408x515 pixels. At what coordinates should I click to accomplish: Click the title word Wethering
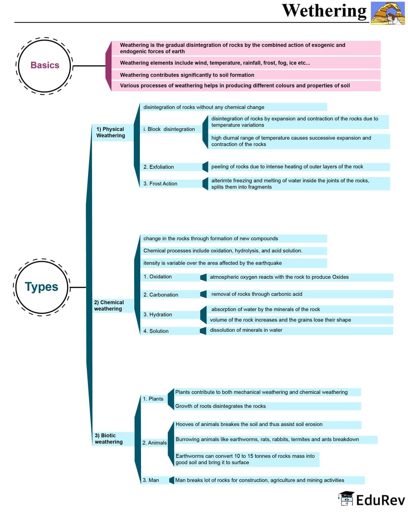pos(324,11)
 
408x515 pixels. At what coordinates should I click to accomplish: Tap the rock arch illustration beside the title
pos(387,13)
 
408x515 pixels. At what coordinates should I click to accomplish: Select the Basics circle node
pos(45,65)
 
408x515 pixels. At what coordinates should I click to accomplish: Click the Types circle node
pos(41,287)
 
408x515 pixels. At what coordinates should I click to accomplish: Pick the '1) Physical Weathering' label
pos(111,132)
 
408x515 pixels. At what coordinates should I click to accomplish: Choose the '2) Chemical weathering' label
pos(109,305)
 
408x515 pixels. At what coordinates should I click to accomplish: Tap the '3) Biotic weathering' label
pos(108,438)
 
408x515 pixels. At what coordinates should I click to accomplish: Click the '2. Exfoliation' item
pos(159,167)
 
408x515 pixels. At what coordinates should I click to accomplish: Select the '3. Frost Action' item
pos(160,184)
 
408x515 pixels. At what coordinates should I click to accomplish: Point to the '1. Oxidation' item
pos(157,277)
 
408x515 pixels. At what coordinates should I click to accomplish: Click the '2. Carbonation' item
pos(161,295)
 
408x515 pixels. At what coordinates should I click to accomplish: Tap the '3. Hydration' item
pos(158,315)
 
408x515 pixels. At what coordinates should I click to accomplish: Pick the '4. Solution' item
pos(156,331)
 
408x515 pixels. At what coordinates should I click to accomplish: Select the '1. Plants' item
pos(153,399)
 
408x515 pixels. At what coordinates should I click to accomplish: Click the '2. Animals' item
pos(155,443)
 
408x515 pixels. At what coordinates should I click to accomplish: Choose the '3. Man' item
pos(151,480)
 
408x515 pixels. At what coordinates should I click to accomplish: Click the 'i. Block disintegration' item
pos(169,129)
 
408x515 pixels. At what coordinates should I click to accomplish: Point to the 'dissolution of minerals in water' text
pos(246,330)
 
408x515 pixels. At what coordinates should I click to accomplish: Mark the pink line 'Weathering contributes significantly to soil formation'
pos(187,75)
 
